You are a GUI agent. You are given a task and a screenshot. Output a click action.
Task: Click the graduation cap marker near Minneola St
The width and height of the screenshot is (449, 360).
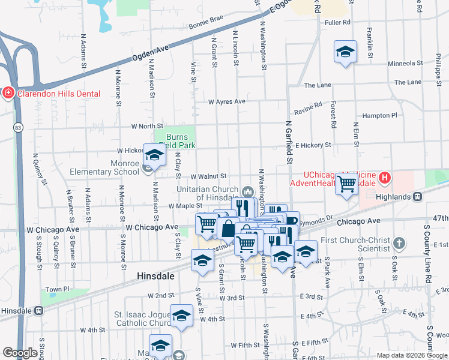346,52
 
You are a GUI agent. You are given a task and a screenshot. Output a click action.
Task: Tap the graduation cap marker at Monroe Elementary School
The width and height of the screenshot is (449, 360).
154,156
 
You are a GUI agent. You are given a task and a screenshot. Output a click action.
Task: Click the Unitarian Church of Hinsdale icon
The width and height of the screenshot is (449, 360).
247,191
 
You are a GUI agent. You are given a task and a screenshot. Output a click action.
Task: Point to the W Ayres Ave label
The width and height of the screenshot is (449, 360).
226,102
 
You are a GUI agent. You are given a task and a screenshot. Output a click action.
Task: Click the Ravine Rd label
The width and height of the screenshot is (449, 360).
309,110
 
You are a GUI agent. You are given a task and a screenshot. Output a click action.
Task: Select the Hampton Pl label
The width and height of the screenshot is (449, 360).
380,115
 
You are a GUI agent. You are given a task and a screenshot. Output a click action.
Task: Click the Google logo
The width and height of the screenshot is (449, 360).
20,353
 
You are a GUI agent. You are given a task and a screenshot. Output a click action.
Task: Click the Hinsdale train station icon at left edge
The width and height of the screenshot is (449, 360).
39,310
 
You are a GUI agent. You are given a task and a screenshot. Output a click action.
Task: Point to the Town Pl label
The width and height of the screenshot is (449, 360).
58,289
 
